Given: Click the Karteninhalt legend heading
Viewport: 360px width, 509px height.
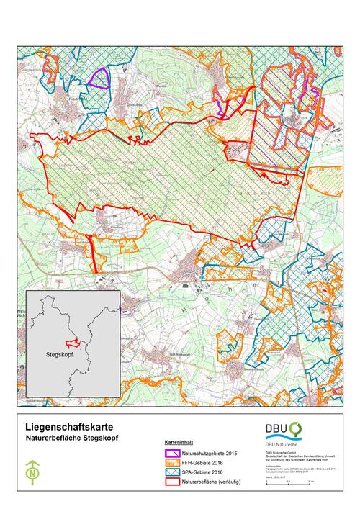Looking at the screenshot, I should [178, 444].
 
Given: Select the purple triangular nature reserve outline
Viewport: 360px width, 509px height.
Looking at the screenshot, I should [98, 77].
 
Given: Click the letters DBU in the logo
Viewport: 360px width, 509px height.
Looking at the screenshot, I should [276, 430].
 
